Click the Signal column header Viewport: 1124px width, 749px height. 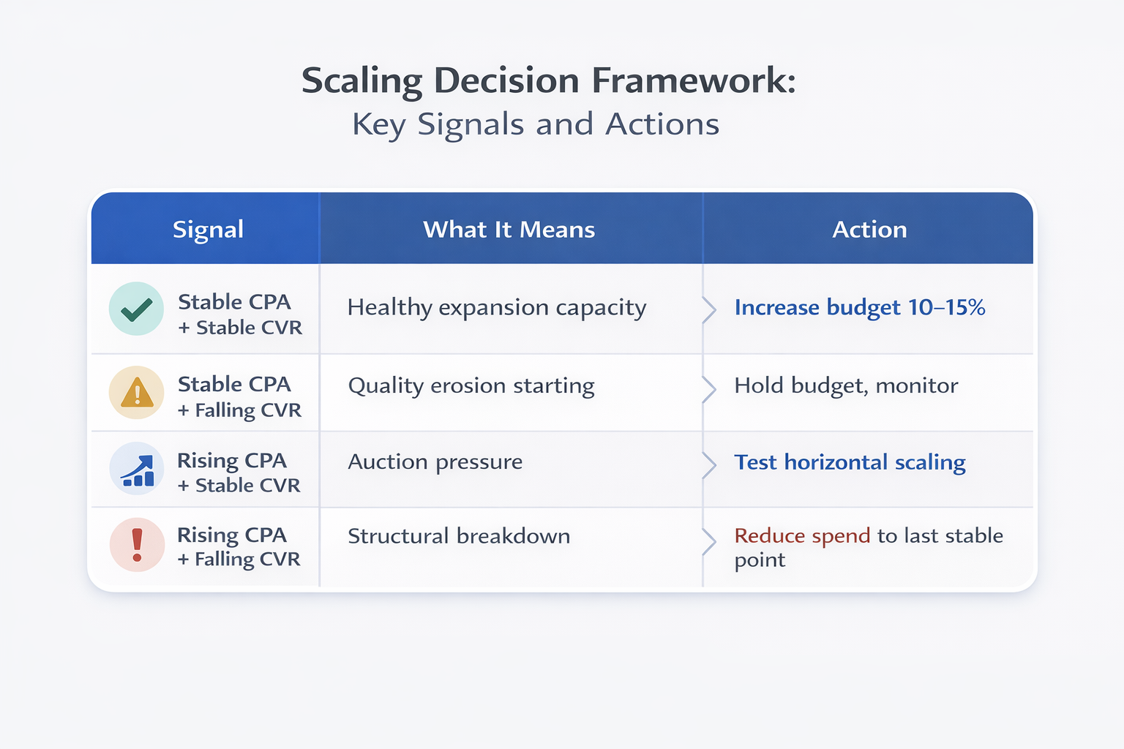(208, 230)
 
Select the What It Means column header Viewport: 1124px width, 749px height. (509, 230)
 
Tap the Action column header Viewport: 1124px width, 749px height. (869, 230)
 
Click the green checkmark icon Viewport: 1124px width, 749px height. (136, 309)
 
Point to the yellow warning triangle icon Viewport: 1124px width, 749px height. (136, 393)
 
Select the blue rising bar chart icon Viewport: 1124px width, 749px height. (137, 469)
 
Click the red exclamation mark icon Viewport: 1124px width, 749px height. (137, 545)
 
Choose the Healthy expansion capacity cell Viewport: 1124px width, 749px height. (497, 308)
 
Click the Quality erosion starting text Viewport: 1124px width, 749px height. (471, 385)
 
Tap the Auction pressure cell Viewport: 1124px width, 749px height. (435, 462)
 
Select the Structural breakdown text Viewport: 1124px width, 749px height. (459, 536)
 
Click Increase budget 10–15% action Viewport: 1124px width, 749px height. (859, 308)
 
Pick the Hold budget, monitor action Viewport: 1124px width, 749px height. (846, 385)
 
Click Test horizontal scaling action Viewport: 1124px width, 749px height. (850, 462)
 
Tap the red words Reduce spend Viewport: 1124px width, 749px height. (802, 536)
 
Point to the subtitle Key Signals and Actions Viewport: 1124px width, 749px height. (536, 124)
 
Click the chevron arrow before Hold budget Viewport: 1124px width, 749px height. (708, 389)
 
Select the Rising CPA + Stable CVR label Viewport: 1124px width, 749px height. (239, 473)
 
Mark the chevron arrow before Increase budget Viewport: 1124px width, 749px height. (708, 310)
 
